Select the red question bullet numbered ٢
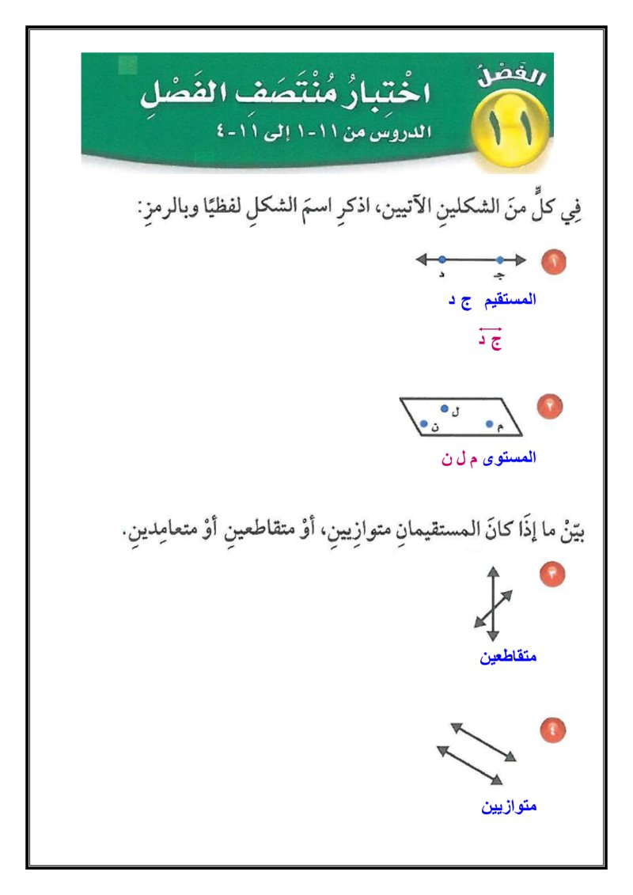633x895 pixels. click(x=550, y=406)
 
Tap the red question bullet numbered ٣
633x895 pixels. click(x=552, y=575)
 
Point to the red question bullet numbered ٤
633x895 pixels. click(x=552, y=730)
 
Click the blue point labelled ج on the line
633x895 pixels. click(x=500, y=259)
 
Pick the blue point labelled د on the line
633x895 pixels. click(x=442, y=259)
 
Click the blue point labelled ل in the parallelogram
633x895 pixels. click(x=445, y=408)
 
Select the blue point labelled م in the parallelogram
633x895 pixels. click(x=489, y=424)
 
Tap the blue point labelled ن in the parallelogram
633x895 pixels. click(x=424, y=424)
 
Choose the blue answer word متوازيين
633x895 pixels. click(x=510, y=806)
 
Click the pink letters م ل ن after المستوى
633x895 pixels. click(x=461, y=457)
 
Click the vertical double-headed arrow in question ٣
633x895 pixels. click(x=493, y=603)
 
